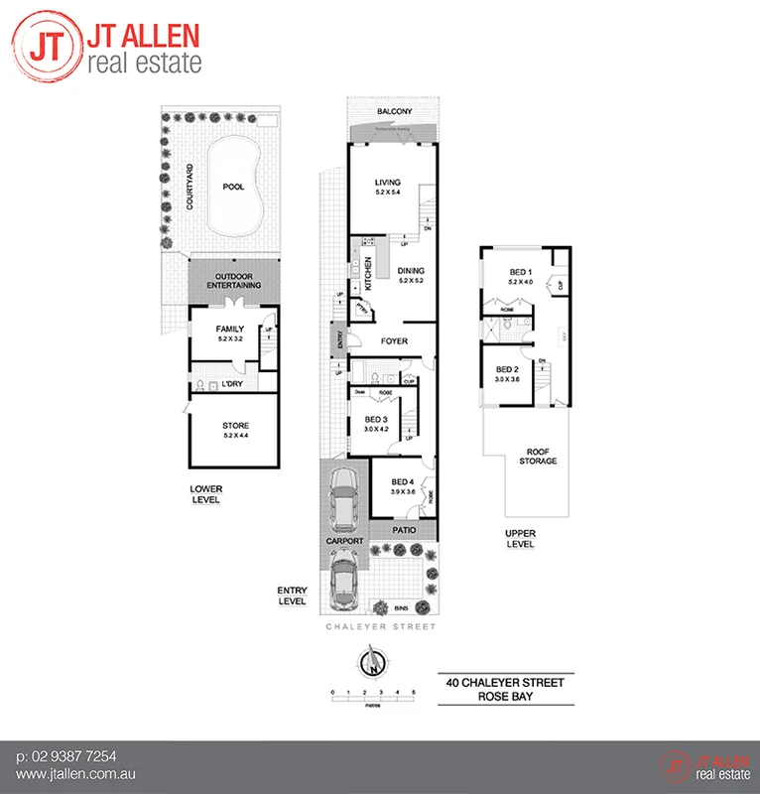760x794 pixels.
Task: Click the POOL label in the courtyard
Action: (x=233, y=186)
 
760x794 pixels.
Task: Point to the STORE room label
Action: (x=235, y=426)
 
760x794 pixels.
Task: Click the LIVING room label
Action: (x=386, y=183)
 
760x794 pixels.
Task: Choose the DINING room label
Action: (x=411, y=270)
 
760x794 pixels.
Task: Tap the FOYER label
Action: (x=394, y=341)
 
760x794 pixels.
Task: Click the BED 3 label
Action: (x=374, y=421)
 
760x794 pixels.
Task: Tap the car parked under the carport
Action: (x=344, y=497)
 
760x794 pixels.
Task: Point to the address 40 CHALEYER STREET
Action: (x=506, y=682)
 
